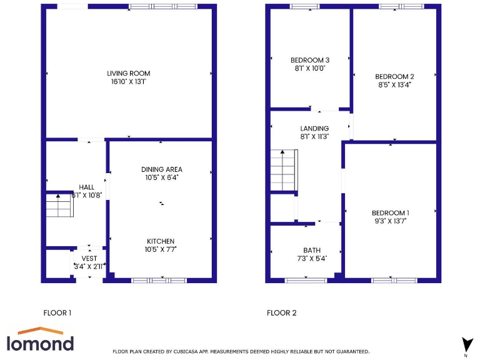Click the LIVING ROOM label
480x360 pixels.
point(129,73)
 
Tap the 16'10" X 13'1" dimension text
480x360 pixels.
point(129,81)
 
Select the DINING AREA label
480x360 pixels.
point(161,169)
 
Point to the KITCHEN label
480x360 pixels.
point(161,241)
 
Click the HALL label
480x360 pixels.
point(86,187)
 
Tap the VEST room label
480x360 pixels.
point(89,258)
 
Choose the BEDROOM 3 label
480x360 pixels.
point(310,60)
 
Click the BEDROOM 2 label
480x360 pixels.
point(394,76)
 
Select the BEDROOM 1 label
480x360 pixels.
point(390,212)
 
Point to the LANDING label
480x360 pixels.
point(314,129)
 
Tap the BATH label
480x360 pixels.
point(312,250)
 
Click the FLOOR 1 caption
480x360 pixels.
point(57,313)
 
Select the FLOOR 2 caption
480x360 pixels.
point(282,313)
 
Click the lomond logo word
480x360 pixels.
point(40,343)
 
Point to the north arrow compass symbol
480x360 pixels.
point(466,344)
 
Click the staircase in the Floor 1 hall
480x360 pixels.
point(60,205)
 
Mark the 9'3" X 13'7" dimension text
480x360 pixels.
point(390,220)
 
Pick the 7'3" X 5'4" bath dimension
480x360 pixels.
point(312,258)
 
